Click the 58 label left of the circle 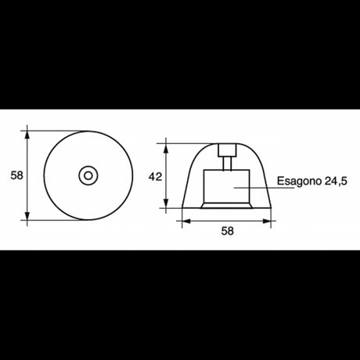[x=15, y=175]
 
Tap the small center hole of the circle [x=87, y=175]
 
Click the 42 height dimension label [x=155, y=177]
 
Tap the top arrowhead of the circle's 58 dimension [x=29, y=132]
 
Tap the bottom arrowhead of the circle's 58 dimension [x=29, y=218]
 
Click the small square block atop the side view [x=228, y=150]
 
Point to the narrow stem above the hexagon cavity [x=228, y=163]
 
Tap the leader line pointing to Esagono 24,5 [x=262, y=186]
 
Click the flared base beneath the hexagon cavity [x=227, y=206]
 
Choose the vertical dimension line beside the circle [x=29, y=196]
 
